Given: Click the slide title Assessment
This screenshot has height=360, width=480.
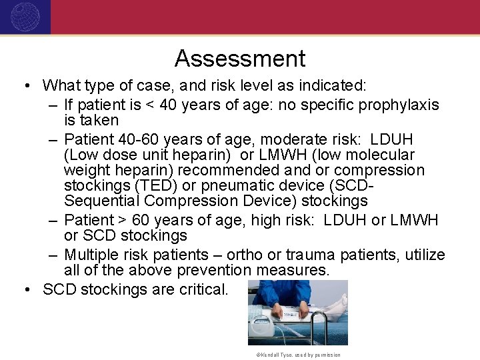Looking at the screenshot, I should [240, 59].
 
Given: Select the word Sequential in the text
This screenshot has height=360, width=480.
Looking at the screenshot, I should [101, 201].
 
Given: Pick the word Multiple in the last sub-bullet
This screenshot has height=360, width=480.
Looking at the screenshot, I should [91, 255].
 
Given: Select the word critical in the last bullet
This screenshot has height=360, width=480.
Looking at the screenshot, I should [204, 289].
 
